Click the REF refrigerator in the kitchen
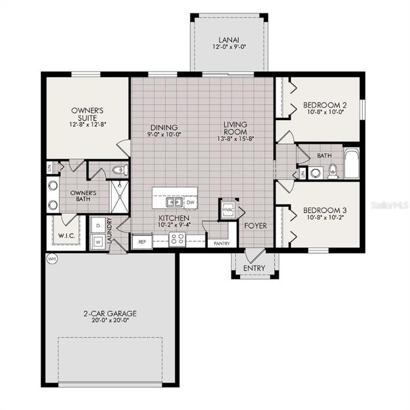pos(141,241)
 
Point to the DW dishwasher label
pos(190,202)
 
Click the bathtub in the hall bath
pos(351,163)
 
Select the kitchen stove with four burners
pos(177,240)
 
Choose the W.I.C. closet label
pos(63,235)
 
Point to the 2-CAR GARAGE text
pos(109,313)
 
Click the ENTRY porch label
pos(254,268)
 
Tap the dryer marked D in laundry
pos(97,225)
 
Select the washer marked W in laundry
pos(97,241)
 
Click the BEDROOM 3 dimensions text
pos(325,217)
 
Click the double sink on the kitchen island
pos(174,202)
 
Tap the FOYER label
pos(255,225)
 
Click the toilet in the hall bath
pos(333,170)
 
